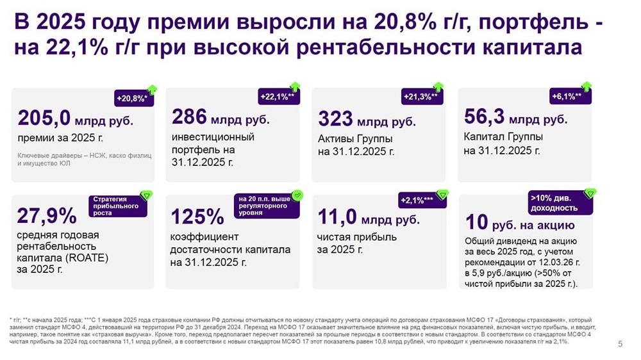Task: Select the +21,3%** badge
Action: tap(422, 97)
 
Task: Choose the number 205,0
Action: tap(44, 119)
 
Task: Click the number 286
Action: tap(189, 117)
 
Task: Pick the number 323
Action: tap(335, 119)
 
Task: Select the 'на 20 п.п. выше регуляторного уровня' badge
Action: tap(264, 206)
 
